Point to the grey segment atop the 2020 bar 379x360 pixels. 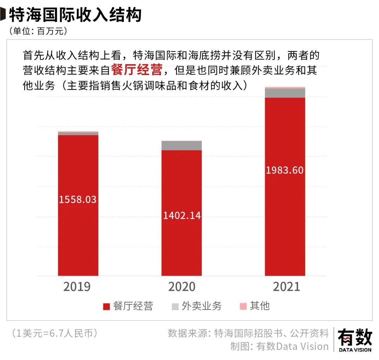(181, 146)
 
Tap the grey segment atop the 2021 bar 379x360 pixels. (285, 93)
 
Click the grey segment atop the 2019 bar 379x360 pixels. (78, 134)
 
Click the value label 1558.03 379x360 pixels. (78, 200)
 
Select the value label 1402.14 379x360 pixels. (182, 215)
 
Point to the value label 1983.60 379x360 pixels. (285, 171)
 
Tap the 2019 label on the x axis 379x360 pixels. (77, 287)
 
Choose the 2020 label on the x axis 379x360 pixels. (182, 287)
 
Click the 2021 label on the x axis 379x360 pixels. (286, 287)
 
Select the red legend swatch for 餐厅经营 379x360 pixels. (106, 306)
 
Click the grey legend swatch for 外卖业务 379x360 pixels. (175, 306)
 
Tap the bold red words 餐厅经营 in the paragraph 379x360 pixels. (137, 70)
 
